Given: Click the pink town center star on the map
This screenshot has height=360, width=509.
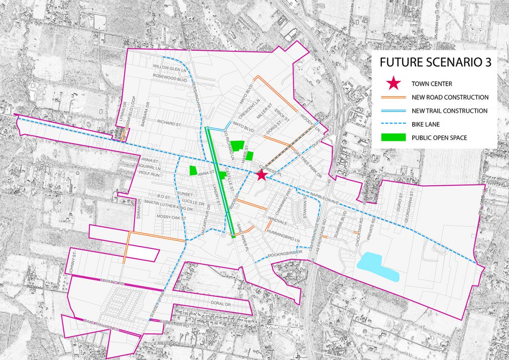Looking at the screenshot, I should click(261, 175).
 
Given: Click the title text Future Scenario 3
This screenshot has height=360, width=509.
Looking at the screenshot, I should click(435, 62).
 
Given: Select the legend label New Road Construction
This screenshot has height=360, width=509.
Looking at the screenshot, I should click(450, 97).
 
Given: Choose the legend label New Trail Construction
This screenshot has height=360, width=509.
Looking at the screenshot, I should click(450, 111).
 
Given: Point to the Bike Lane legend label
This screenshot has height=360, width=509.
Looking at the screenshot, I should click(425, 124).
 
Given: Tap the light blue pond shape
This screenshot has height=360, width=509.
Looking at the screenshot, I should click(378, 268).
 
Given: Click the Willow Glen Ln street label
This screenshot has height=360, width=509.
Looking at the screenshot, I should click(170, 67).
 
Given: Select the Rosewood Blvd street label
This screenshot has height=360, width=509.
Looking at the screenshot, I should click(170, 78).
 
